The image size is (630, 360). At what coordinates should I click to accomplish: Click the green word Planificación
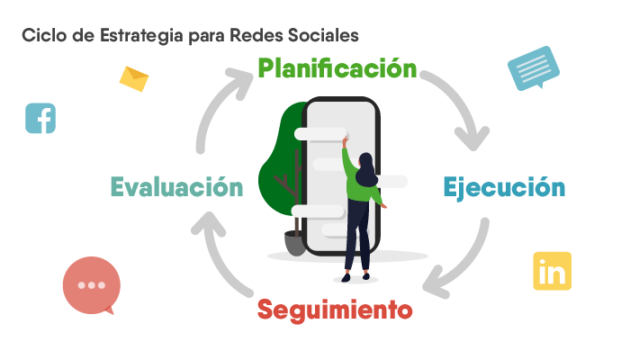pyautogui.click(x=337, y=68)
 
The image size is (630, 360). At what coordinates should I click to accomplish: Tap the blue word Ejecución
pyautogui.click(x=504, y=187)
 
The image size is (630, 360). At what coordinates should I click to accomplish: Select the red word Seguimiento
pyautogui.click(x=335, y=310)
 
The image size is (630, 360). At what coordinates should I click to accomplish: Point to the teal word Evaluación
pyautogui.click(x=176, y=187)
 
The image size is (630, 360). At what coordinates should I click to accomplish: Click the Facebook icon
pyautogui.click(x=40, y=118)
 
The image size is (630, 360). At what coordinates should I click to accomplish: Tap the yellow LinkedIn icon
pyautogui.click(x=552, y=271)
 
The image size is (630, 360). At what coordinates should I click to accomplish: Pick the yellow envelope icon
pyautogui.click(x=134, y=79)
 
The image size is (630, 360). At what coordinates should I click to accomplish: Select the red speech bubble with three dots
pyautogui.click(x=92, y=285)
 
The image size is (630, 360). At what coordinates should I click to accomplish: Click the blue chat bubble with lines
pyautogui.click(x=534, y=68)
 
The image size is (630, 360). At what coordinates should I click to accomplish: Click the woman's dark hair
pyautogui.click(x=365, y=169)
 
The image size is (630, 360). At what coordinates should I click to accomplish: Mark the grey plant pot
pyautogui.click(x=295, y=243)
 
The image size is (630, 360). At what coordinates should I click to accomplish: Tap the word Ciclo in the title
pyautogui.click(x=44, y=35)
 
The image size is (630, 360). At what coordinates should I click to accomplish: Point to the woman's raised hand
pyautogui.click(x=345, y=141)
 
